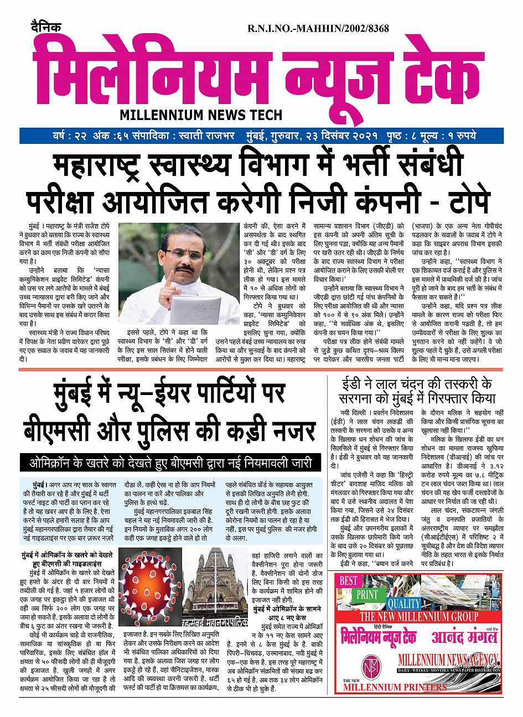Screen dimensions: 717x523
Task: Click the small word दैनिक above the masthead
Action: pos(46,28)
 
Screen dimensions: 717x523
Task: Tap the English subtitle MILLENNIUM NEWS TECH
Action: pos(201,115)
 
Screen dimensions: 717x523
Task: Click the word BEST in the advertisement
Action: pos(349,580)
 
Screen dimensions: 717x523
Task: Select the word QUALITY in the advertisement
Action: pos(404,604)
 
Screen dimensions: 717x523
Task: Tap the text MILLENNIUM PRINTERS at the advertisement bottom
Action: pos(395,687)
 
